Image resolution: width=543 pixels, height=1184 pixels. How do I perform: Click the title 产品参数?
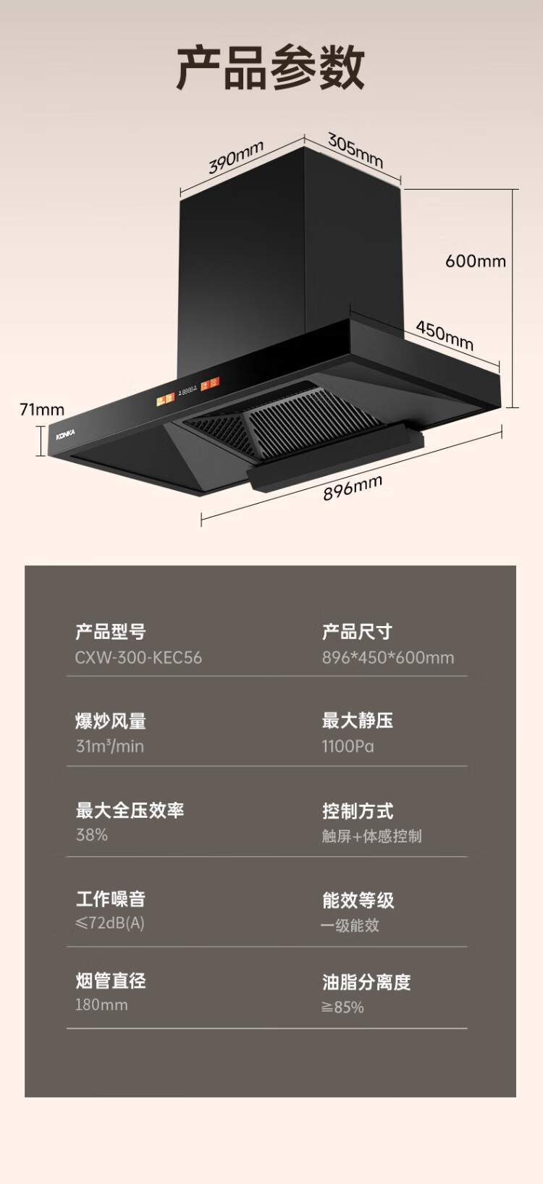point(271,68)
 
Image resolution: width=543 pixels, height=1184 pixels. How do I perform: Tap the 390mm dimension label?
point(236,158)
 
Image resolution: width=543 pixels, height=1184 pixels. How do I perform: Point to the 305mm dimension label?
point(355,150)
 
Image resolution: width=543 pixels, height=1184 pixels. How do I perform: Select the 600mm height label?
point(475,261)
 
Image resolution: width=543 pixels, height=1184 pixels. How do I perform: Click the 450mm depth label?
point(445,335)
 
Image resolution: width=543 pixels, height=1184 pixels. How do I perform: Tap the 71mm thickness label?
point(42,410)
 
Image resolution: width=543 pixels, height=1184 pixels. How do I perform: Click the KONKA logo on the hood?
point(65,434)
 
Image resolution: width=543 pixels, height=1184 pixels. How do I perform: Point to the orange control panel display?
point(188,391)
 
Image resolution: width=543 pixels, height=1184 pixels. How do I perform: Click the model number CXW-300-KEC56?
point(138,658)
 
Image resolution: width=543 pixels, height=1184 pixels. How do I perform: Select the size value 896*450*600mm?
point(388,658)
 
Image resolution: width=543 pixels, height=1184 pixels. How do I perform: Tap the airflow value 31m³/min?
point(110,746)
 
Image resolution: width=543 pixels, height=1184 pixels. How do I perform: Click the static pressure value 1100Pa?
point(348,746)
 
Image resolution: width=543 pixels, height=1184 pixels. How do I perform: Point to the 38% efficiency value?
point(92,835)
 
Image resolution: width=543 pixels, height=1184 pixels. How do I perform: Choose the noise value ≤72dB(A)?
point(110,923)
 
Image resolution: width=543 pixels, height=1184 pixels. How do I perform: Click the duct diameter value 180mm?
point(101,1005)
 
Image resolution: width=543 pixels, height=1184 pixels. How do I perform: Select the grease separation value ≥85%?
point(342,1007)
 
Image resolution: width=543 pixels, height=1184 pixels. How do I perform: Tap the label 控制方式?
point(358,811)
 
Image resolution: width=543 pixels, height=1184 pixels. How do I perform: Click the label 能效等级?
point(358,900)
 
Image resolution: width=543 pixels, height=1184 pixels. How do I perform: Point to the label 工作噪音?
point(111,899)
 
